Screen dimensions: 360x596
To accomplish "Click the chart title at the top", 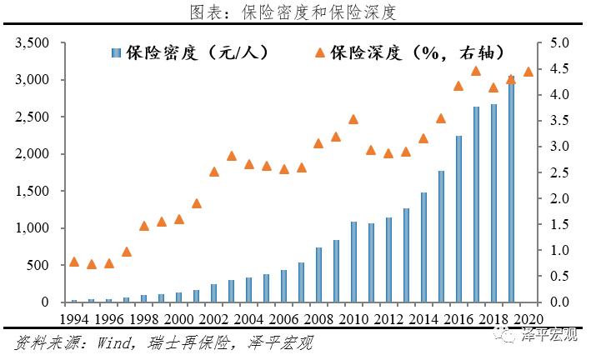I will [298, 12].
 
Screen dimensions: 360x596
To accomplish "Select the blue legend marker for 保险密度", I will [118, 53].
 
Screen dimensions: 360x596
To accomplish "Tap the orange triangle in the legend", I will [319, 52].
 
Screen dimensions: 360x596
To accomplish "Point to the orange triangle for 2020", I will [528, 71].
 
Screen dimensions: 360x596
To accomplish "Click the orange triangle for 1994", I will [74, 262].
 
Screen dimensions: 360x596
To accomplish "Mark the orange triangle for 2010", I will [353, 119].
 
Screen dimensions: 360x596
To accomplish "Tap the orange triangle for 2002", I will [214, 172].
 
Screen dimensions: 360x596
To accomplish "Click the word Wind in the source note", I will [105, 342].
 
